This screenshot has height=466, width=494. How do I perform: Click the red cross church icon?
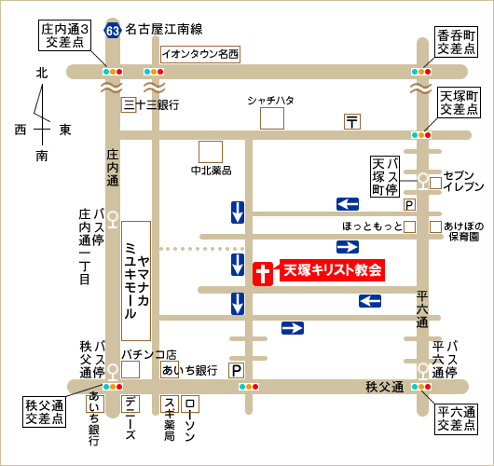click(263, 273)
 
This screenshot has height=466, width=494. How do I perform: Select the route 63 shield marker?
click(113, 30)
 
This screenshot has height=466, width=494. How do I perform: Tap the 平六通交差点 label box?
click(457, 419)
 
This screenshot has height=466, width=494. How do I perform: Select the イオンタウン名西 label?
click(200, 53)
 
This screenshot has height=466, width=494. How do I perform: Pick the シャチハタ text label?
click(271, 100)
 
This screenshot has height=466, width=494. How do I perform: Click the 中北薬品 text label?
click(211, 171)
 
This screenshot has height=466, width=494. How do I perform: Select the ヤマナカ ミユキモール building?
click(137, 281)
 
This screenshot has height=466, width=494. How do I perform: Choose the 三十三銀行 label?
click(156, 105)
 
